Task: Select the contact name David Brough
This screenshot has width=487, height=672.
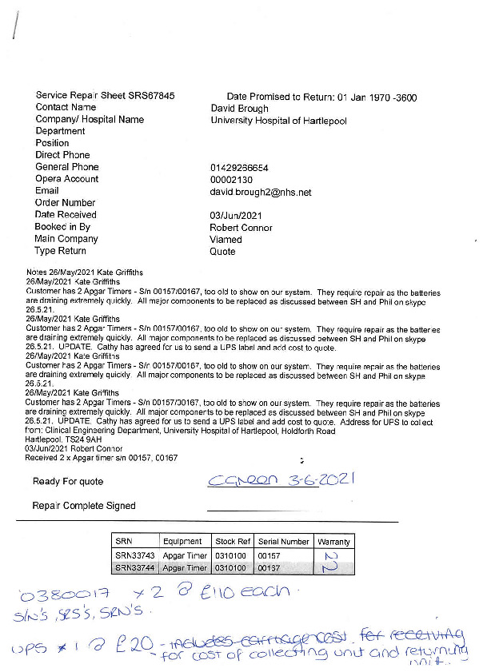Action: point(239,108)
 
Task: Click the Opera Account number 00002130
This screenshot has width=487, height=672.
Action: point(232,180)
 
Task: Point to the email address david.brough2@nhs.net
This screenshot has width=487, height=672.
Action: point(261,192)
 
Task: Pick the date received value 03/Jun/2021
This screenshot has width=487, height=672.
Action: point(235,216)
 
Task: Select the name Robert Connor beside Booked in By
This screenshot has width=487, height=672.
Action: point(241,228)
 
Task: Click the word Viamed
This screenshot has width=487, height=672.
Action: point(226,240)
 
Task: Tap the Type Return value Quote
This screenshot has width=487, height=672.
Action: point(222,252)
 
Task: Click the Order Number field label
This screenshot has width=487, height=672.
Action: point(66,203)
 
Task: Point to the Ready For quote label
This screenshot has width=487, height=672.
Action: point(68,481)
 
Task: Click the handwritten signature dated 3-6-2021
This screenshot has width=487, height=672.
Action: point(280,479)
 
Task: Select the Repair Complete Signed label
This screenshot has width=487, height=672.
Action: point(84,505)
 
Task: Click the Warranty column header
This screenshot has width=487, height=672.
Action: point(333,541)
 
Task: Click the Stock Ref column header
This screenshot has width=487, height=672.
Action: point(233,541)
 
